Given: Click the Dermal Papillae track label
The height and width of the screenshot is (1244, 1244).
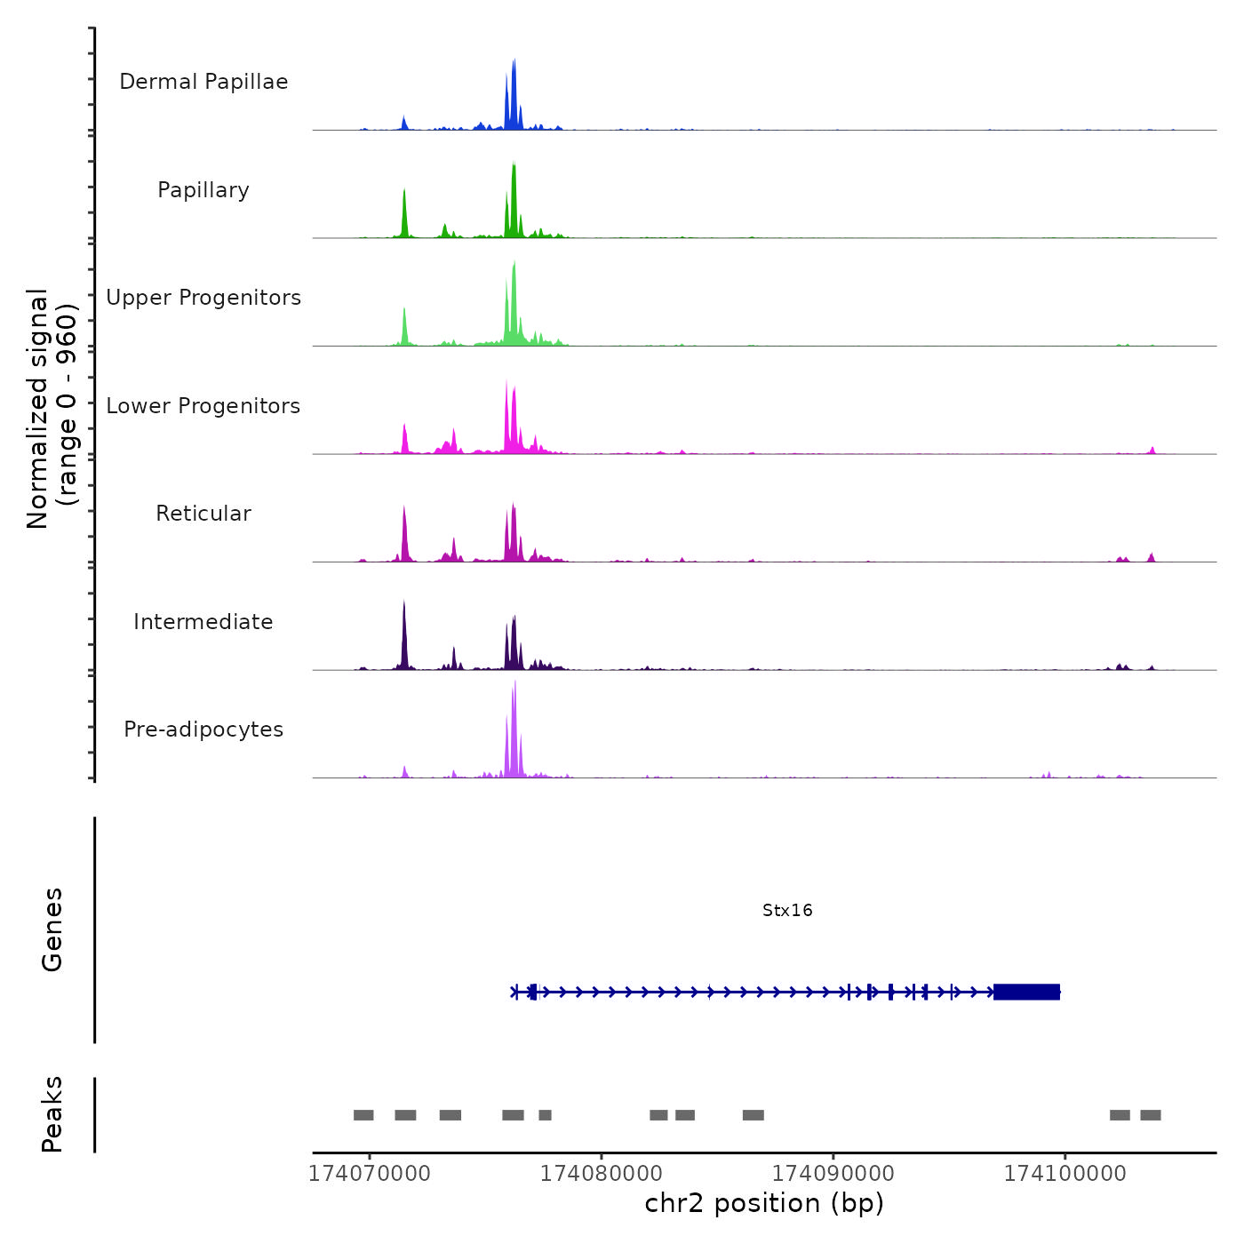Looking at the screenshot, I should pos(203,82).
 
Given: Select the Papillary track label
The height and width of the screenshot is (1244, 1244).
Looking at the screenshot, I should pos(203,190).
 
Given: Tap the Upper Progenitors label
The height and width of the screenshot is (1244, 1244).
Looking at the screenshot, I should pos(203,298).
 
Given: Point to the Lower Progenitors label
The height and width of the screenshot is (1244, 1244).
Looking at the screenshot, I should pos(203,406).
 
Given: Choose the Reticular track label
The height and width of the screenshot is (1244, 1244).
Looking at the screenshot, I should pos(203,514).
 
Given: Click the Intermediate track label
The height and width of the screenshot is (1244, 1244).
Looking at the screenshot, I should pos(203,622).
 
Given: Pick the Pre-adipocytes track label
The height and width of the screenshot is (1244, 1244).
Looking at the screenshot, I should pos(203,730).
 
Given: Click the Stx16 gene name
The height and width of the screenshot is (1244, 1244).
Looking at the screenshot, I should pos(787,910).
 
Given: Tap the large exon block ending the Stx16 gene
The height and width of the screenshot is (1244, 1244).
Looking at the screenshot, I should pos(1026,992).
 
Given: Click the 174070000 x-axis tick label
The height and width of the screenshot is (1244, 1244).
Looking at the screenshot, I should pos(370,1173).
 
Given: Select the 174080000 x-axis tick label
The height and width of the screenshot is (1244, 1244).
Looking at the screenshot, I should pos(602,1173).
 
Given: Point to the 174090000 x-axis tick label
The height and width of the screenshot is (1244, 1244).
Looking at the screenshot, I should pos(833,1173).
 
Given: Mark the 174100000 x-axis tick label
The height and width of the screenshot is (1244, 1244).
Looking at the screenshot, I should pos(1065,1173).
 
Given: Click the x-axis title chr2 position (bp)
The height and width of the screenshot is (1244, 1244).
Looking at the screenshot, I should pos(764,1203).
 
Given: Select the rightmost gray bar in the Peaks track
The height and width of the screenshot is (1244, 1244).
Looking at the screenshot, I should pos(1151,1115).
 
